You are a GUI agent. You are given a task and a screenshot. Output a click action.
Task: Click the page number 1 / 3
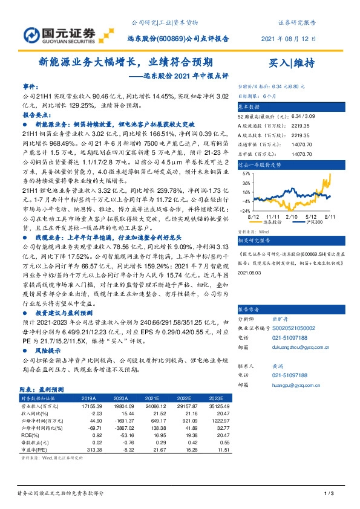[329, 494]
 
